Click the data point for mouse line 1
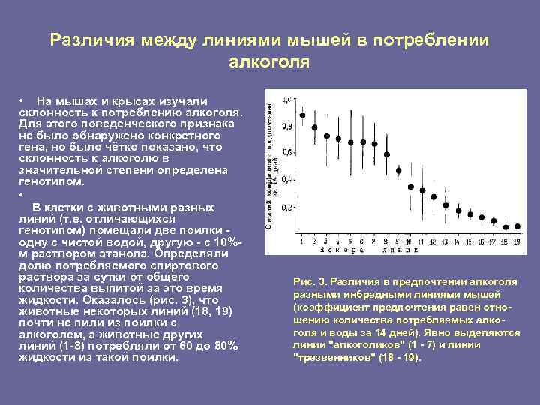pos(302,115)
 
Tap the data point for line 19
pos(517,231)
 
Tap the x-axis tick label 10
pos(411,241)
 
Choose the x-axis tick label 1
pos(302,241)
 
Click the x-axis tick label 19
pos(517,241)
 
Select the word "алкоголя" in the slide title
pos(269,62)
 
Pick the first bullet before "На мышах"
pos(24,100)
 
